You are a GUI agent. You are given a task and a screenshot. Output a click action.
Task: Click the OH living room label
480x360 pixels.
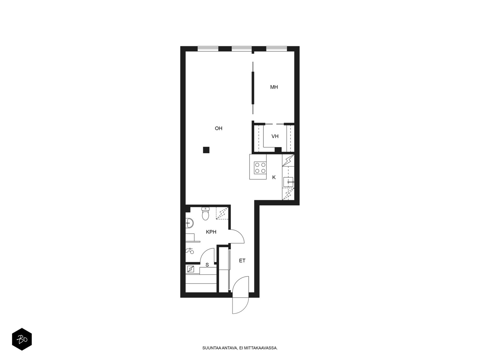click(x=218, y=128)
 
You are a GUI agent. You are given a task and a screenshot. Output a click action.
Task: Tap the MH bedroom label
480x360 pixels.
click(x=274, y=87)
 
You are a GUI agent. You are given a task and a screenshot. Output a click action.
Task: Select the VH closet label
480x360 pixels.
click(x=275, y=136)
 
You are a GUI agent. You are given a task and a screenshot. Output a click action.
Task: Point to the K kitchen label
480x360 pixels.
click(x=274, y=178)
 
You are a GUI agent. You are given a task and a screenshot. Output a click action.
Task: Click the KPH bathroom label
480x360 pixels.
click(x=211, y=232)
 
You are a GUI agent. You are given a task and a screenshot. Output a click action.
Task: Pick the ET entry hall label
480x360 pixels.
click(x=242, y=260)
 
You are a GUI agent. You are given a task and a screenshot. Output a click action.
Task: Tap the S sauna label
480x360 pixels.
click(x=207, y=265)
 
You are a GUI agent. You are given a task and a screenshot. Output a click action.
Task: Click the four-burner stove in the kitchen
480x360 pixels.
click(x=260, y=168)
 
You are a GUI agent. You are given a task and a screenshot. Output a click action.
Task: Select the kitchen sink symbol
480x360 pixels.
click(x=288, y=182)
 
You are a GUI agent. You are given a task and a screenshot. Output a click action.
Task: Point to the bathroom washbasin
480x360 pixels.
click(x=189, y=223)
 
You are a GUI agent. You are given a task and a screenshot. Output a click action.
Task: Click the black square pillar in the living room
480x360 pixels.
click(x=206, y=150)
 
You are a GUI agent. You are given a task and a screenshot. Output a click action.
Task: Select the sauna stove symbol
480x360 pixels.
click(x=190, y=269)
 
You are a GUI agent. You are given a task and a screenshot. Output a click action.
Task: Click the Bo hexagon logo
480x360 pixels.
click(x=22, y=339)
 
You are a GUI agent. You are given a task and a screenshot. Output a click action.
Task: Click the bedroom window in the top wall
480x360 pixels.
click(x=276, y=49)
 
